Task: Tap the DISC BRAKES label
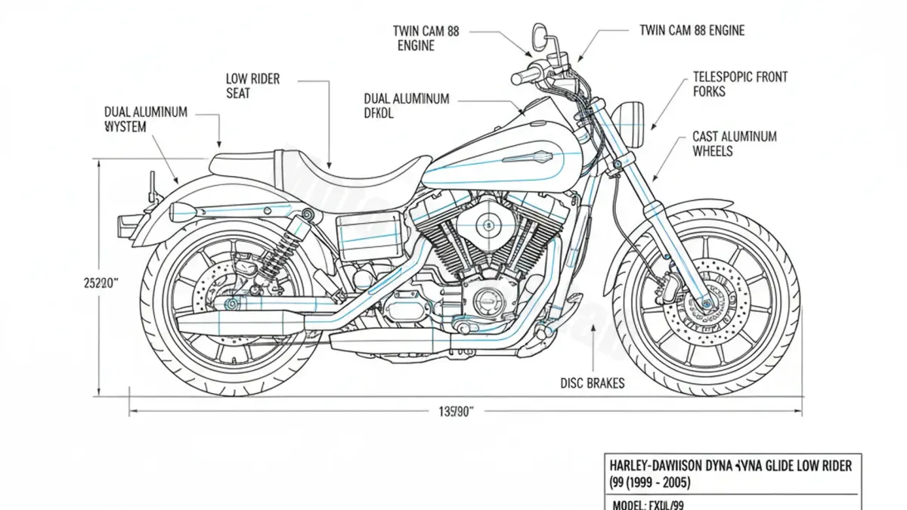pos(593,383)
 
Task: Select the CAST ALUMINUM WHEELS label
pos(734,144)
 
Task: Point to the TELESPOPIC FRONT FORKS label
pos(739,84)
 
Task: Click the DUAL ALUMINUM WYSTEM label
pos(145,119)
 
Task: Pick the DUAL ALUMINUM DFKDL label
pos(407,106)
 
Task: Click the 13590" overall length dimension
pos(456,412)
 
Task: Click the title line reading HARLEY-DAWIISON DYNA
pos(729,466)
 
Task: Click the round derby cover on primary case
pos(488,302)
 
